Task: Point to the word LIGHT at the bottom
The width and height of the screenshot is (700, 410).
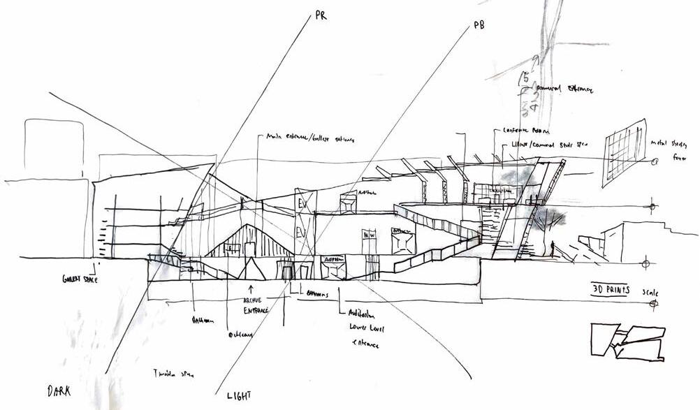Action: [x=239, y=395]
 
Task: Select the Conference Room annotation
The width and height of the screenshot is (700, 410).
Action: [x=523, y=131]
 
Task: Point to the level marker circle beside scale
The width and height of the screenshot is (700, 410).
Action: [x=653, y=304]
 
